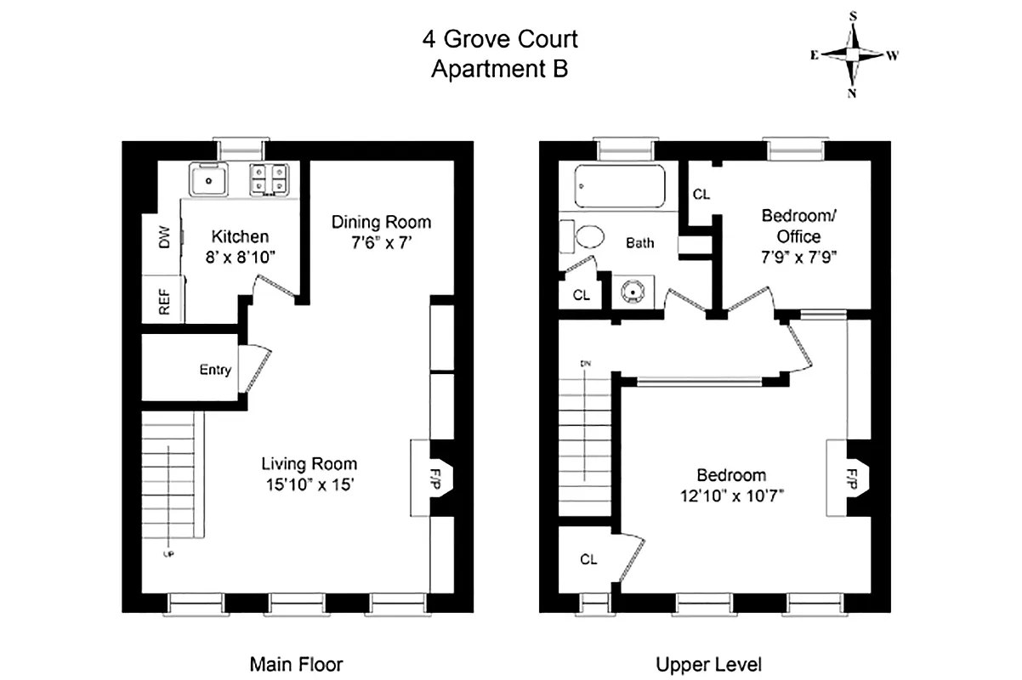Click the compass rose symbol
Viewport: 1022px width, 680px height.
tap(853, 54)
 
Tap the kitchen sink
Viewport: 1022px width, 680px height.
tap(208, 180)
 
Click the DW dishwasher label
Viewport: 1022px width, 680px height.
tap(164, 237)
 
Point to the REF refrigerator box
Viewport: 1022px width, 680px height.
tap(163, 300)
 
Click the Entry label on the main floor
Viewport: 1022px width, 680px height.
tap(215, 370)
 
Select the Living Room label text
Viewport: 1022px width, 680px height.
tap(309, 464)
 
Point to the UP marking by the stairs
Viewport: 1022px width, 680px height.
tap(167, 553)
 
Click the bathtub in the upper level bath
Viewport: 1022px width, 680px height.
tap(620, 186)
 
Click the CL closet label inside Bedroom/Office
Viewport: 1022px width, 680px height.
tap(701, 195)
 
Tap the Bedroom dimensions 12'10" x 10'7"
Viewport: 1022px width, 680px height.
tap(731, 497)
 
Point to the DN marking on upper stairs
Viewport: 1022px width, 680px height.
tap(585, 364)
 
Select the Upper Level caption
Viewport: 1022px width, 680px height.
tap(708, 664)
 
